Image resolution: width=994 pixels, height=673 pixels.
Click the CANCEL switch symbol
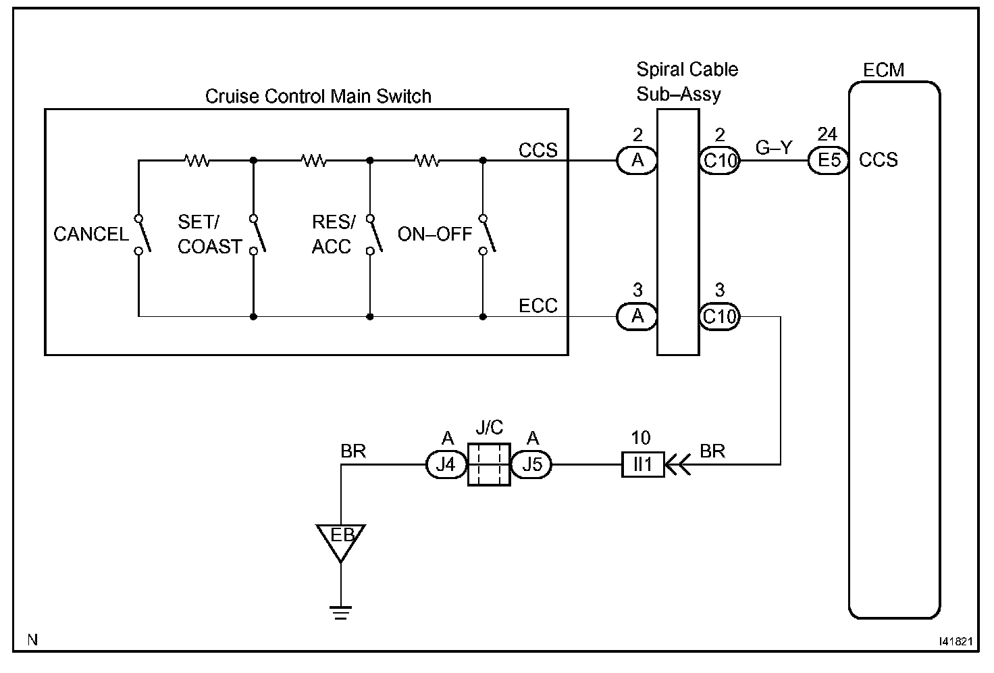[x=143, y=235]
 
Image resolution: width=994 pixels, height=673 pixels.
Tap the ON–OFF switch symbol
[x=488, y=235]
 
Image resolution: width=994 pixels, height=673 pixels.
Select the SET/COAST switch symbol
[x=258, y=235]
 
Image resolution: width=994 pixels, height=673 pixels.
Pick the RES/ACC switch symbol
[x=374, y=235]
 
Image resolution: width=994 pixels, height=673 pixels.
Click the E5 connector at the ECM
[x=828, y=160]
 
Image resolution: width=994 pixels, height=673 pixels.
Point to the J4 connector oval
[x=446, y=464]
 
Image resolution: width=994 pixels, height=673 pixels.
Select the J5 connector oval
[x=531, y=464]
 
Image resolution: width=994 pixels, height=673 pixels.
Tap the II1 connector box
[x=643, y=464]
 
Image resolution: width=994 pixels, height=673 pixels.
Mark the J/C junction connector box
[x=489, y=464]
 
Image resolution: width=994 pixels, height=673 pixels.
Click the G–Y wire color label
[x=774, y=147]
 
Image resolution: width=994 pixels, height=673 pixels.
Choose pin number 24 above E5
[x=828, y=134]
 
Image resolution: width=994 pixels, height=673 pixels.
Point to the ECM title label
[x=883, y=70]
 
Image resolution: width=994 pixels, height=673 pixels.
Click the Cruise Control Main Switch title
[x=318, y=97]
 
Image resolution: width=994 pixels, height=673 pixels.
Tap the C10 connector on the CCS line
[x=720, y=160]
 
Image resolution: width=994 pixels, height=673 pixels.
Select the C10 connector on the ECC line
[x=720, y=316]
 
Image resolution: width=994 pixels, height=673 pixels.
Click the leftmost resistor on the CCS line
[x=197, y=160]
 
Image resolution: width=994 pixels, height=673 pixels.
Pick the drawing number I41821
[x=956, y=641]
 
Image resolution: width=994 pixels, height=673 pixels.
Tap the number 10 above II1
[x=641, y=438]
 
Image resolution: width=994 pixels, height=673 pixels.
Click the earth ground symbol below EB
[x=341, y=613]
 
